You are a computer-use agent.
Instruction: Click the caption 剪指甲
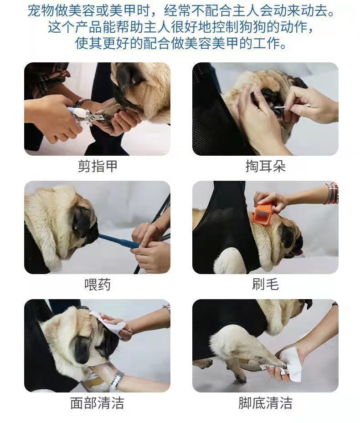(98, 166)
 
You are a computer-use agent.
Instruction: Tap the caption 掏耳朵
(265, 166)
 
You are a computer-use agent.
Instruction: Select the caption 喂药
(98, 284)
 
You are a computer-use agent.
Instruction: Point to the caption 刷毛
(265, 284)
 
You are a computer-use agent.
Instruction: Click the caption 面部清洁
(97, 403)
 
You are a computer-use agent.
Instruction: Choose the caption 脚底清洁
(265, 403)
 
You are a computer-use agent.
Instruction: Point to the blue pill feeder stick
(119, 241)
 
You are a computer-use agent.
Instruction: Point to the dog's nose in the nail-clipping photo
(129, 78)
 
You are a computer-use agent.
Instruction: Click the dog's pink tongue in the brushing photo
(299, 252)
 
